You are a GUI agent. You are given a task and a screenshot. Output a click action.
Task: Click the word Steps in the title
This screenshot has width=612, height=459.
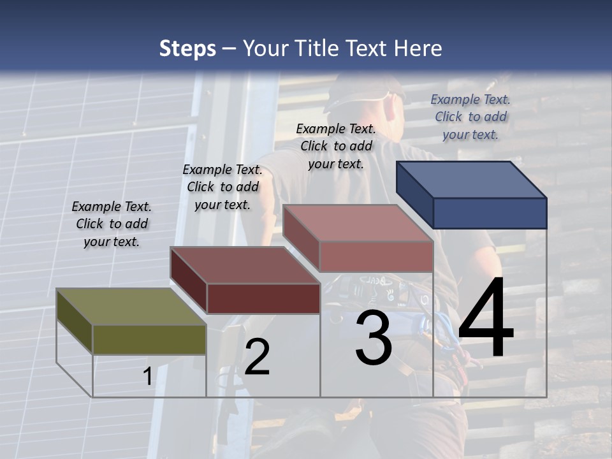(187, 48)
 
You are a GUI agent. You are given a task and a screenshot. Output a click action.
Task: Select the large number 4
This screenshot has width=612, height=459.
(486, 319)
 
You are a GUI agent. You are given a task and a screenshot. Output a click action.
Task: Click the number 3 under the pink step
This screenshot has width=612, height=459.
(374, 338)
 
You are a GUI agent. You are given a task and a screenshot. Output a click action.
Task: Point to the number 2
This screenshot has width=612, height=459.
(257, 357)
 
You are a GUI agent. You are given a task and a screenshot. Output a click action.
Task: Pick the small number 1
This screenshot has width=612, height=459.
(147, 377)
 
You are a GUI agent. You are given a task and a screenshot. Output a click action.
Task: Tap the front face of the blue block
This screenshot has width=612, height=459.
(490, 213)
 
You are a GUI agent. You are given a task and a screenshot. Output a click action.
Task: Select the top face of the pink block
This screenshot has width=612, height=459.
(357, 223)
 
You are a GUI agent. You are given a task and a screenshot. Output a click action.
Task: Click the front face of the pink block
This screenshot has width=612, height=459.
(376, 256)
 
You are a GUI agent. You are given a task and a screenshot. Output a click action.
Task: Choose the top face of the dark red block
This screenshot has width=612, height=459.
(244, 265)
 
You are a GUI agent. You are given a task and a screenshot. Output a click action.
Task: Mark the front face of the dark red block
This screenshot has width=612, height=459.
(263, 298)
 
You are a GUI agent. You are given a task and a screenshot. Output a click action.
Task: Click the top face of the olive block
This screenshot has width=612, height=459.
(130, 307)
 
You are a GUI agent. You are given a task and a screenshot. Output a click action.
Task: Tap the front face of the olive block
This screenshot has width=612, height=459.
(149, 339)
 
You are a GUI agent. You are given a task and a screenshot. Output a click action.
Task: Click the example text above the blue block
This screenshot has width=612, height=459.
(470, 117)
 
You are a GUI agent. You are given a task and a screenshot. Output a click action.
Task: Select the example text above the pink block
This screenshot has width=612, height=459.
(336, 146)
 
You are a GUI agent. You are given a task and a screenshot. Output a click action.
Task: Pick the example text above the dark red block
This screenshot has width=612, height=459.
(222, 187)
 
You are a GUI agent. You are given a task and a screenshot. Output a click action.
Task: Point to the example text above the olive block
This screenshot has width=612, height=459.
(112, 224)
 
